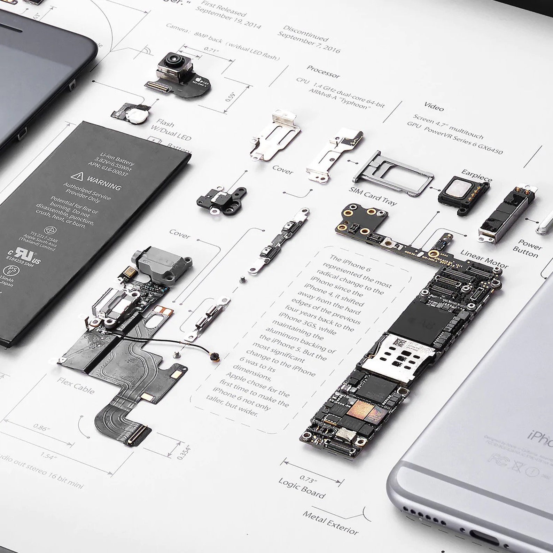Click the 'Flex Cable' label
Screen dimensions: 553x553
pyautogui.click(x=76, y=385)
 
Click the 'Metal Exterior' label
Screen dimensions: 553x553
pyautogui.click(x=330, y=522)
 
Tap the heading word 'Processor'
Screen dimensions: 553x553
pyautogui.click(x=323, y=71)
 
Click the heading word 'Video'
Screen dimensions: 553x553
pyautogui.click(x=434, y=107)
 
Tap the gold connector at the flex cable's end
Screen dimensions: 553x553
pyautogui.click(x=139, y=435)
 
